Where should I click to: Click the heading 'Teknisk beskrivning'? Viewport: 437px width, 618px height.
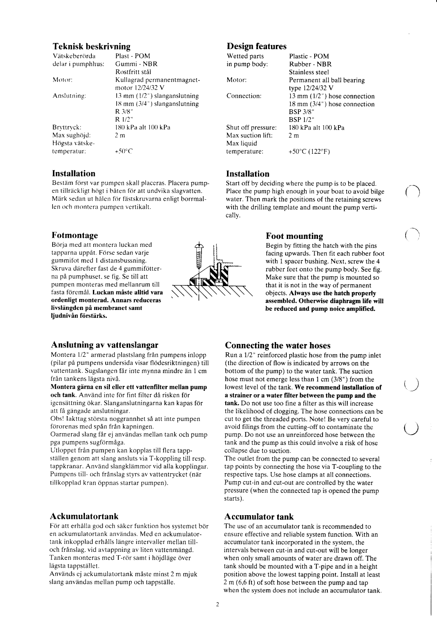pyautogui.click(x=91, y=47)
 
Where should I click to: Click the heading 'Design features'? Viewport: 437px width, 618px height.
pyautogui.click(x=256, y=46)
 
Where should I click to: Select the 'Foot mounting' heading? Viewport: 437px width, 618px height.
pyautogui.click(x=294, y=236)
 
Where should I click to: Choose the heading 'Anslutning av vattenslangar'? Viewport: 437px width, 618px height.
pyautogui.click(x=104, y=345)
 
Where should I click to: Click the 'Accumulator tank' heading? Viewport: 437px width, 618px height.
pyautogui.click(x=259, y=516)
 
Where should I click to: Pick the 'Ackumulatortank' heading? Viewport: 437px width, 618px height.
pyautogui.click(x=84, y=516)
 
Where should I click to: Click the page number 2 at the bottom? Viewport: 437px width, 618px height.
pyautogui.click(x=218, y=604)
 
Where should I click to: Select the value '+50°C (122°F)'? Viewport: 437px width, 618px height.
pyautogui.click(x=309, y=152)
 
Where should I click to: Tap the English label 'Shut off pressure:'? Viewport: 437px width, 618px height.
pyautogui.click(x=251, y=127)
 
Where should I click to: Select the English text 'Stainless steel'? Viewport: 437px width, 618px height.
pyautogui.click(x=309, y=72)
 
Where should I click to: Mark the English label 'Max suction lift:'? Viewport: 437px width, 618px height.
pyautogui.click(x=249, y=135)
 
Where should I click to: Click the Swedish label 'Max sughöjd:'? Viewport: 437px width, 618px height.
pyautogui.click(x=70, y=135)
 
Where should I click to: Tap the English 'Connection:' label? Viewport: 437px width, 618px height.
pyautogui.click(x=244, y=96)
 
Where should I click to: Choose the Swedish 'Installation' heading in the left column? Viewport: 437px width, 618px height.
pyautogui.click(x=73, y=173)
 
